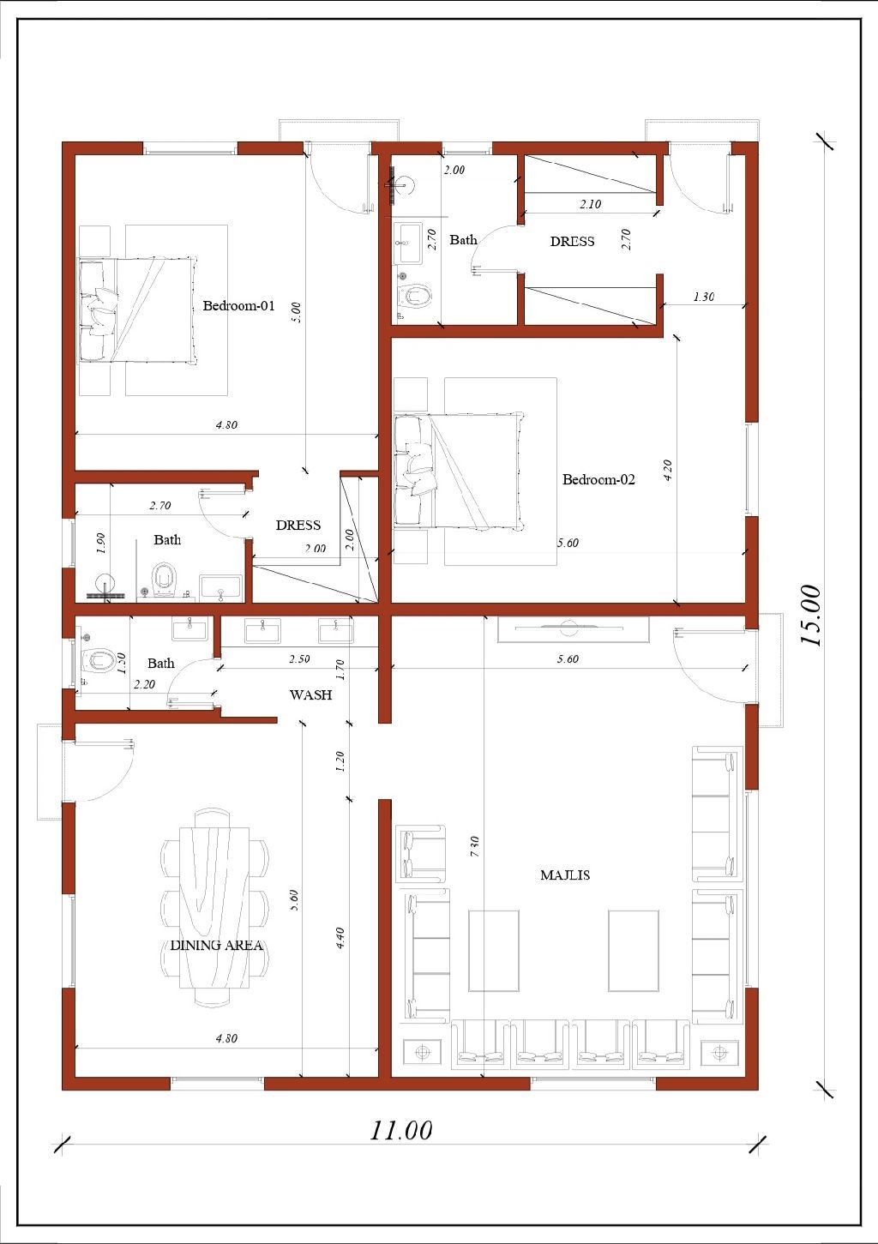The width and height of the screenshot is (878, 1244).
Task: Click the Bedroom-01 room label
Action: coord(238,305)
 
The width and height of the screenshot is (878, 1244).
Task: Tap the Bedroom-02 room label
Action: coord(598,479)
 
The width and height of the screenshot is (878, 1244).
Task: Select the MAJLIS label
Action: coord(565,875)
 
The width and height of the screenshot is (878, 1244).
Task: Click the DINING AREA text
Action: coord(216,946)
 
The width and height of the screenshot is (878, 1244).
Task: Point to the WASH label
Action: coord(310,694)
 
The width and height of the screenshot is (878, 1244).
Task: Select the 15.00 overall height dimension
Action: coord(811,616)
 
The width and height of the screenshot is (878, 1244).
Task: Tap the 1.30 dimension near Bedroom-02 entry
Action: coord(704,297)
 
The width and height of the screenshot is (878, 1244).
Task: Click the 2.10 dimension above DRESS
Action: coord(590,204)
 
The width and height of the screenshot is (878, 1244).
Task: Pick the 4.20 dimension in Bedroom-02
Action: coord(668,470)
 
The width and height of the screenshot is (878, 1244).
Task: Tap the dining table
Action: coord(213,907)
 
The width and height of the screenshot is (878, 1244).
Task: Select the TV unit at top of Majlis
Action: coord(573,630)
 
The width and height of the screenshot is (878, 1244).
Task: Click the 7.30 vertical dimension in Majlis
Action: coord(475,846)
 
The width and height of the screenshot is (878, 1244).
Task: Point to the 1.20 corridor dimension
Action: coord(340,761)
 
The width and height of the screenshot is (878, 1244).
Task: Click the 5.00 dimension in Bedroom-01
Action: coord(296,313)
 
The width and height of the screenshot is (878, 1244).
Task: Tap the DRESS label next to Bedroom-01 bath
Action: coord(298,526)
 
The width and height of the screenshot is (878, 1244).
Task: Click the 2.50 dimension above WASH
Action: coord(299,659)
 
